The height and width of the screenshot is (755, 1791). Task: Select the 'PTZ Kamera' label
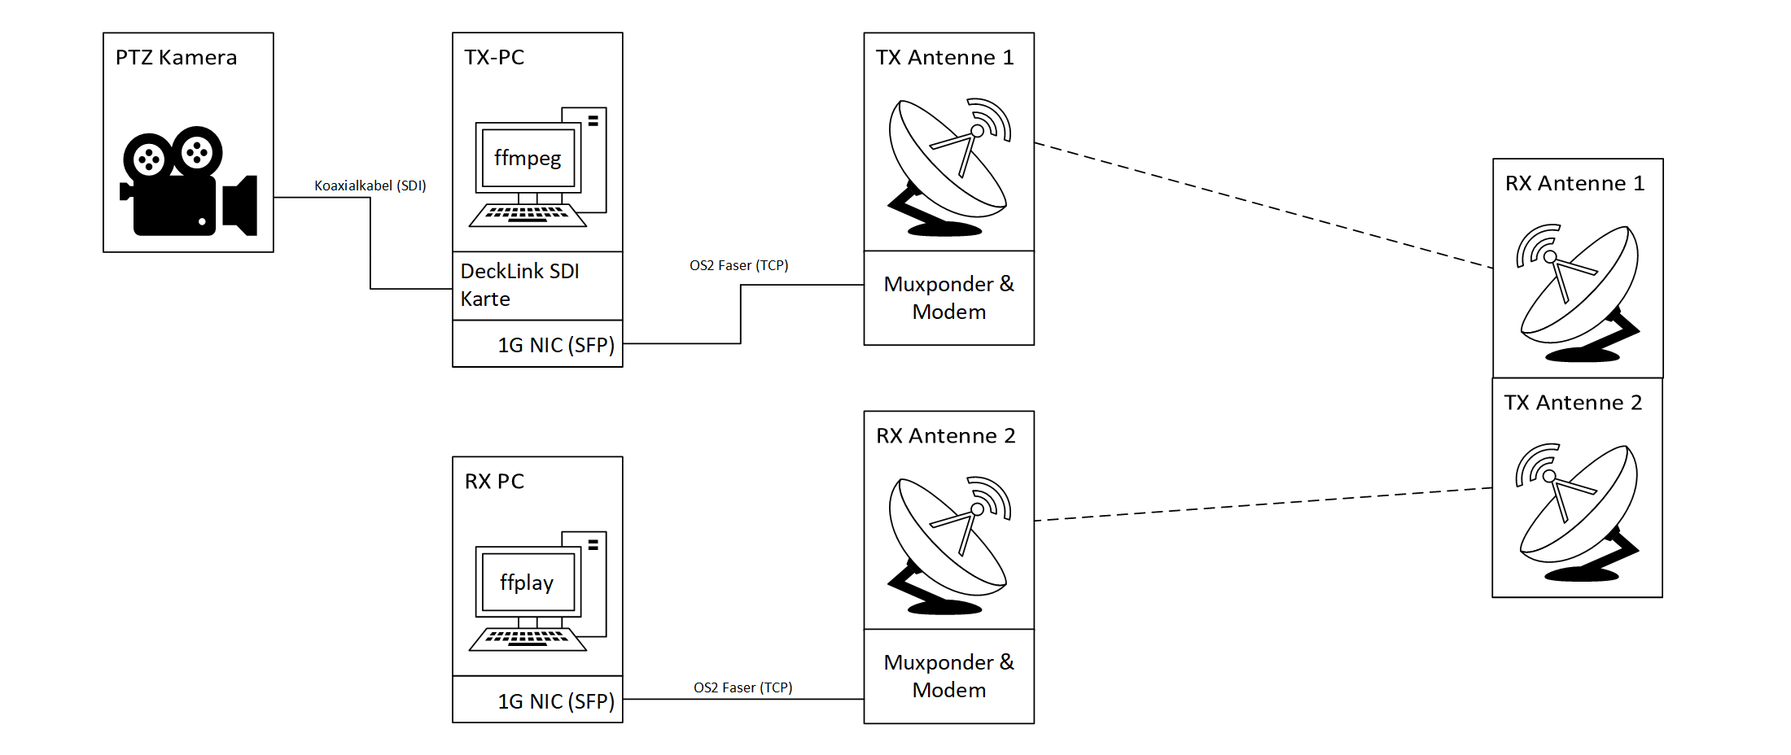click(176, 58)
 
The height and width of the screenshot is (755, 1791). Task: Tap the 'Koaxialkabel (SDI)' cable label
click(370, 185)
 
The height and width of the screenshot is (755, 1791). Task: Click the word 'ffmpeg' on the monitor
click(528, 158)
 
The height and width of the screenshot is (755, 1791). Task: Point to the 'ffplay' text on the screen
click(527, 583)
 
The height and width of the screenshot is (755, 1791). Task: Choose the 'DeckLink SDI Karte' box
click(537, 286)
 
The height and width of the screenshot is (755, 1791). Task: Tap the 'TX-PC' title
click(494, 58)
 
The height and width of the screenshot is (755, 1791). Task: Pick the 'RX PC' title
click(494, 482)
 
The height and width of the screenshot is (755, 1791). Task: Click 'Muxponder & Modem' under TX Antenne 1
click(949, 298)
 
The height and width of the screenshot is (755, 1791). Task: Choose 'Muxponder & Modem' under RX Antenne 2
click(949, 676)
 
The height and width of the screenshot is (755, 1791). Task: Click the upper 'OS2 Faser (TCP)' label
click(739, 265)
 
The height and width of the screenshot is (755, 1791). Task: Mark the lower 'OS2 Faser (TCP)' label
click(743, 687)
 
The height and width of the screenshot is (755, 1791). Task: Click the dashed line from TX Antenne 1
click(1262, 205)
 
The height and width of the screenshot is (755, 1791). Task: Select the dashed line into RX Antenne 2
click(1262, 504)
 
